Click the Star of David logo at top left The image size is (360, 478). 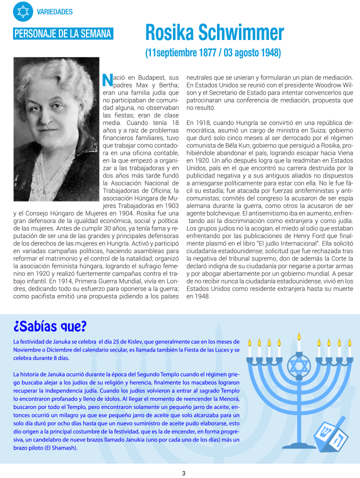pos(23,11)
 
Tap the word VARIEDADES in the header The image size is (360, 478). pos(55,12)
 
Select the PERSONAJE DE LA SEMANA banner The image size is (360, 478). pos(63,34)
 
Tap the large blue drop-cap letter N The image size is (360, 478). pos(106,80)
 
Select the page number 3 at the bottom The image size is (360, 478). pos(183,473)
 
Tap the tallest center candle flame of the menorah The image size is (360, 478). pos(299,336)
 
